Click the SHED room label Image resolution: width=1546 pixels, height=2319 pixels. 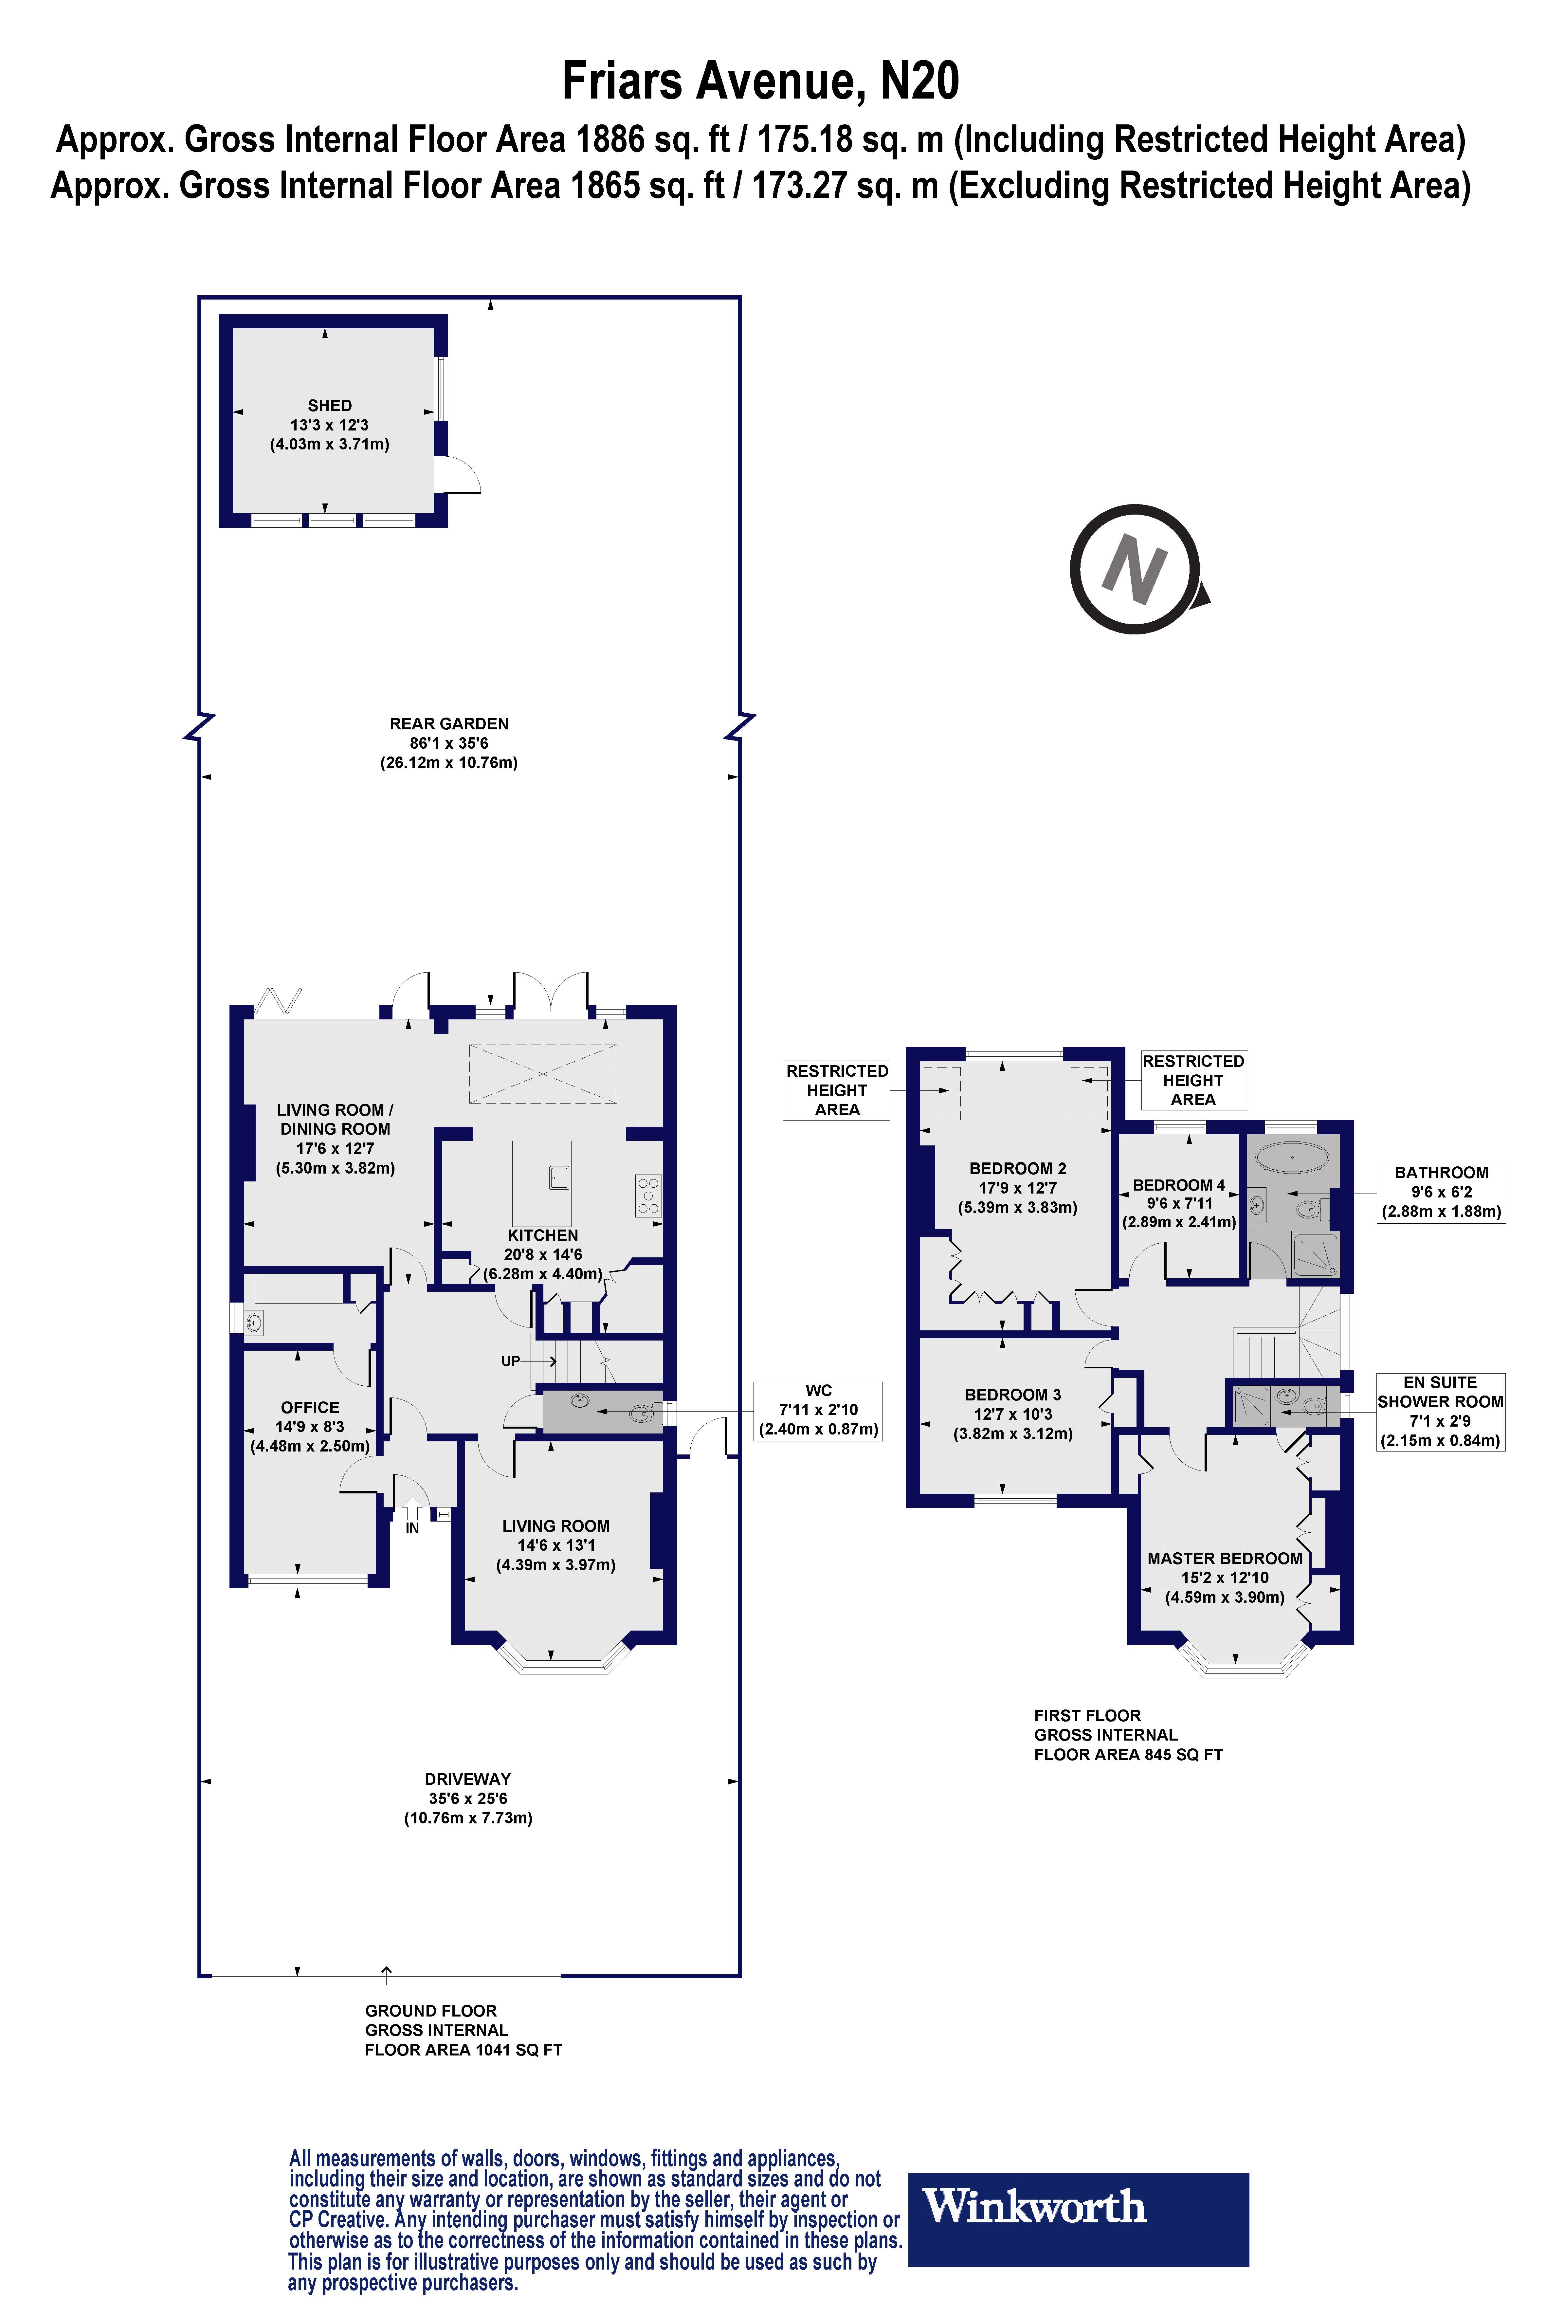329,405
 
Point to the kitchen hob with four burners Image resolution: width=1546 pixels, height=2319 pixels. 648,1195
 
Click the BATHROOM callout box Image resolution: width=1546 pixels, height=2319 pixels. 1441,1192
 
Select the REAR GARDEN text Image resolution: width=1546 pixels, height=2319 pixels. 449,724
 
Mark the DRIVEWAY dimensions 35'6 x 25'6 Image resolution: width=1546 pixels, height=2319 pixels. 467,1799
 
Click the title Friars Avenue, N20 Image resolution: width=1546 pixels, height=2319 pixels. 760,81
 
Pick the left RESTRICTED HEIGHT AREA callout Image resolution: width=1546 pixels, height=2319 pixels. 836,1089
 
